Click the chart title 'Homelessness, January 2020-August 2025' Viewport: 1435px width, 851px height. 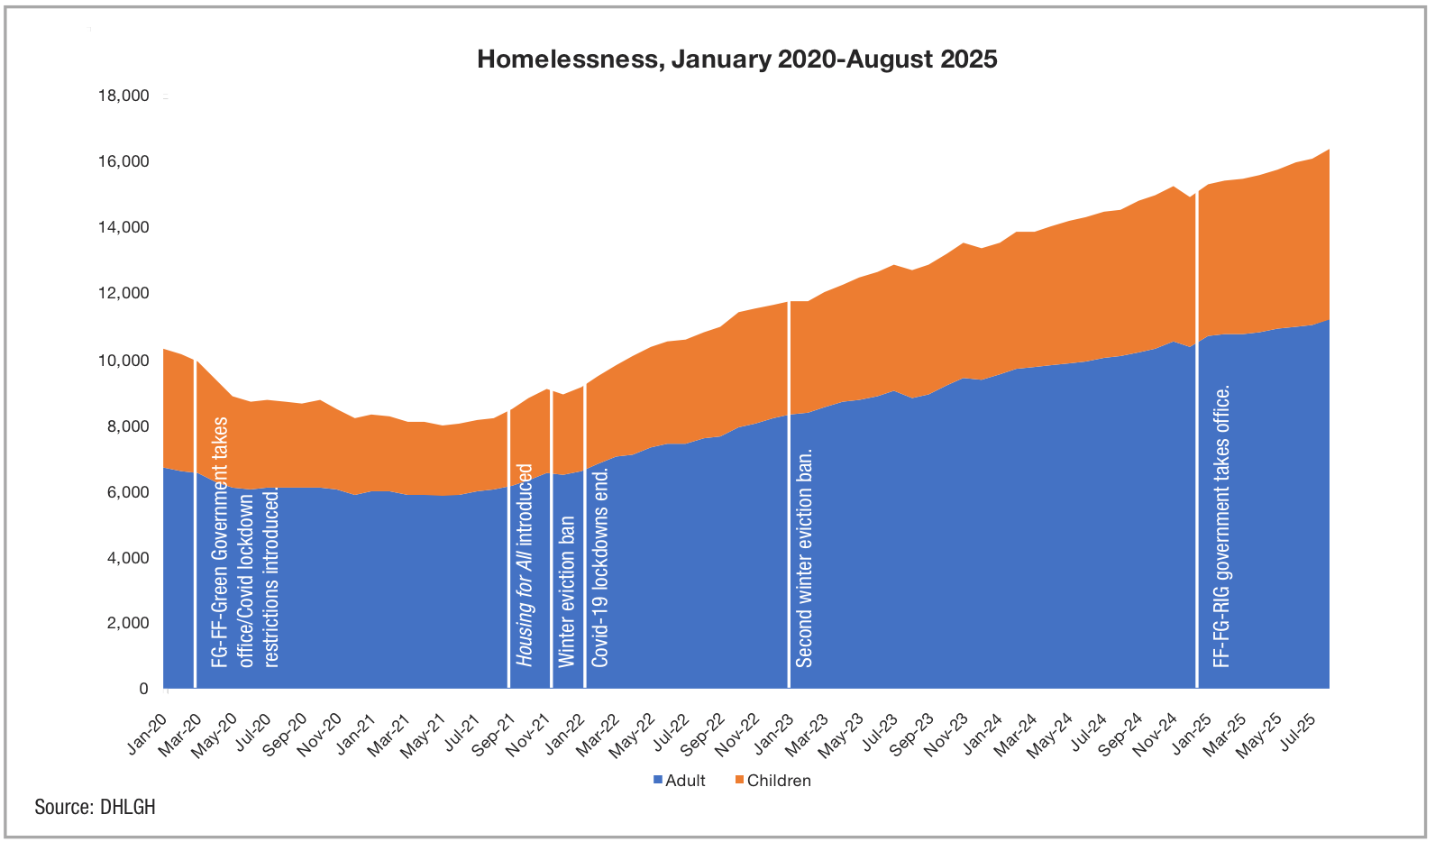tap(736, 59)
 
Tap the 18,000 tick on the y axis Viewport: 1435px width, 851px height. tap(123, 96)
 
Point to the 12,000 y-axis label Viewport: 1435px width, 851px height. tap(123, 293)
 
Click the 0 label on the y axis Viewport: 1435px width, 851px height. tap(143, 689)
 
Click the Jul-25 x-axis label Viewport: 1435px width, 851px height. tap(1298, 731)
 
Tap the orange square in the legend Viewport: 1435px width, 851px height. tap(740, 780)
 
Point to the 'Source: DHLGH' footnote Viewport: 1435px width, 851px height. tap(95, 807)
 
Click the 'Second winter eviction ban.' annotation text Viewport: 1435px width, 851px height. tap(805, 559)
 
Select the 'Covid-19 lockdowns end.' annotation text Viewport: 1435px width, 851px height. tap(600, 567)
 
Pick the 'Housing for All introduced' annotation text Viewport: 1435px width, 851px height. tap(525, 565)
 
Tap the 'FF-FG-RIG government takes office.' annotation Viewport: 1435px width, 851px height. tap(1221, 527)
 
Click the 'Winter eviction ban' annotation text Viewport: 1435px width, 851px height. tap(566, 591)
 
